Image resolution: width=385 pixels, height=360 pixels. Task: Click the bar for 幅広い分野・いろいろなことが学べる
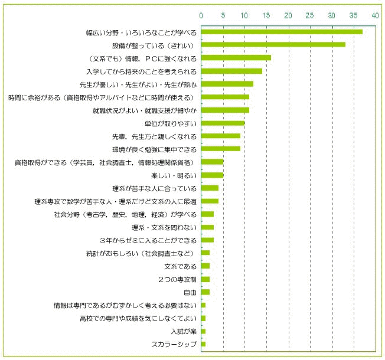[x=282, y=32]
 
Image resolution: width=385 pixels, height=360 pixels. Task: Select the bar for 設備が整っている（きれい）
[x=273, y=45]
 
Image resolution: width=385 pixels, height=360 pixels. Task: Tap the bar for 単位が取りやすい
[x=223, y=123]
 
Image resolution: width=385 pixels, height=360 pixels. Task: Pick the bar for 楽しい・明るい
[x=213, y=175]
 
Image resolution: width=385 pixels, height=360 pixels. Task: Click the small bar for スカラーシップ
[x=203, y=344]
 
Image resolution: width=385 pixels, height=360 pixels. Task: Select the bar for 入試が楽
[x=203, y=331]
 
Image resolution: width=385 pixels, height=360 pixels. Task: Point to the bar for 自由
[x=205, y=292]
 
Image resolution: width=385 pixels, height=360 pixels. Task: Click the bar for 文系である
[x=205, y=266]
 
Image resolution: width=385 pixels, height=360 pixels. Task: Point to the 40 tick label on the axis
[x=375, y=16]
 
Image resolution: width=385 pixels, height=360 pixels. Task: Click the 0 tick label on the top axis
[x=201, y=16]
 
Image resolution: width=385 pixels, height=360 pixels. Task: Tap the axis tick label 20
[x=288, y=16]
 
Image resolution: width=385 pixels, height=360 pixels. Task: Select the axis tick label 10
[x=244, y=16]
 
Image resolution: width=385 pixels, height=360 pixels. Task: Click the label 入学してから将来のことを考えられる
[x=142, y=71]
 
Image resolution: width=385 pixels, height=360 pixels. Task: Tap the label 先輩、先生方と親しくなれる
[x=155, y=137]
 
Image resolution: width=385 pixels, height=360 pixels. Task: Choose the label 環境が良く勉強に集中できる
[x=155, y=149]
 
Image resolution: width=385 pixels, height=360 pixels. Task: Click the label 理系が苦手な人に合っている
[x=155, y=188]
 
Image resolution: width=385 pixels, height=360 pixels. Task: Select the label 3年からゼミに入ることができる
[x=148, y=240]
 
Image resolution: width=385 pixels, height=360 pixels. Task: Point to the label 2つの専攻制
[x=177, y=280]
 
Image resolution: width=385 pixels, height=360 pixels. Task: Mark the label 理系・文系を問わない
[x=164, y=227]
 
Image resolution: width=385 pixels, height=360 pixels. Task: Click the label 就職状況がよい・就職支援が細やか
[x=145, y=111]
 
